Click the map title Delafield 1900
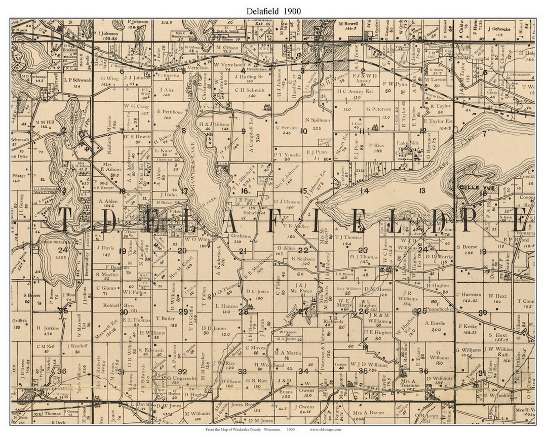(273, 10)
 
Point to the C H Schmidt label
(250, 90)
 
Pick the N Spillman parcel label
(318, 120)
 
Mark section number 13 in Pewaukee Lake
(422, 190)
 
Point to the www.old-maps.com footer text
(325, 429)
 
